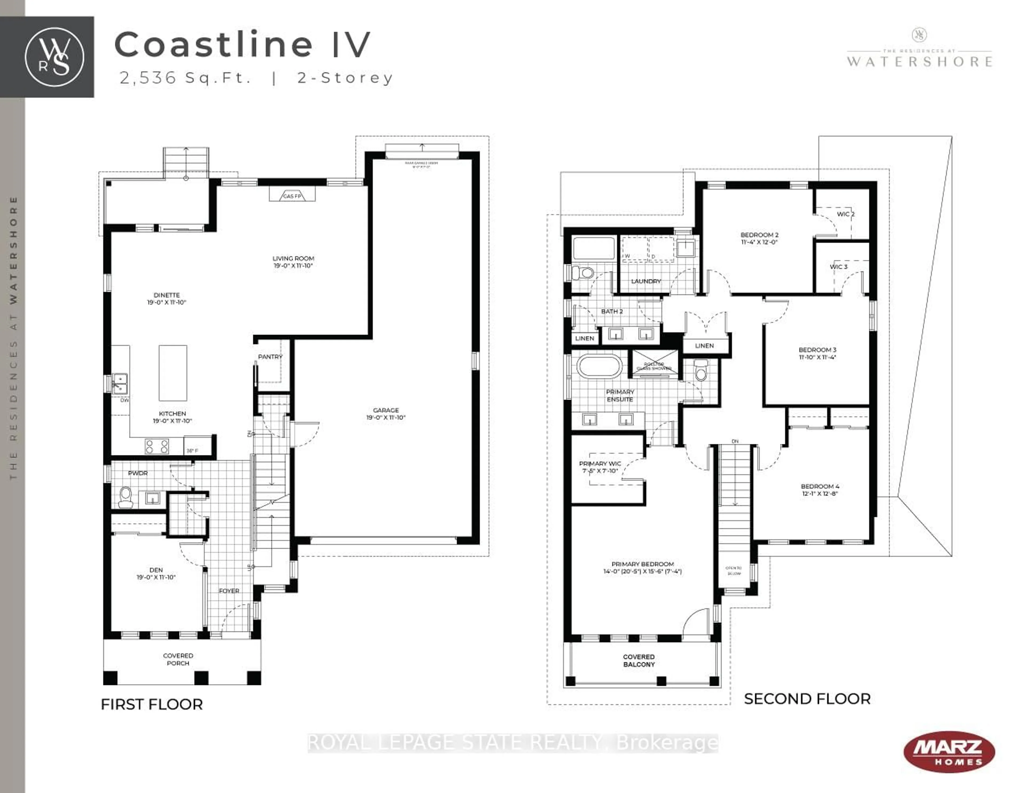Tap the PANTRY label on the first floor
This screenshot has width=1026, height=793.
pyautogui.click(x=270, y=357)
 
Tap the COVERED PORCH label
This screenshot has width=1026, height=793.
pyautogui.click(x=178, y=659)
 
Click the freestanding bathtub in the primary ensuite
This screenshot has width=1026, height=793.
pyautogui.click(x=599, y=366)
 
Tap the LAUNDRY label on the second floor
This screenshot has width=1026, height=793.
pyautogui.click(x=646, y=281)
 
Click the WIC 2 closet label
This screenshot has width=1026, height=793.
pyautogui.click(x=846, y=214)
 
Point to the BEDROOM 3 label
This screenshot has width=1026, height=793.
pyautogui.click(x=817, y=349)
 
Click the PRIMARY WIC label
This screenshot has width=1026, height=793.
pyautogui.click(x=600, y=464)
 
